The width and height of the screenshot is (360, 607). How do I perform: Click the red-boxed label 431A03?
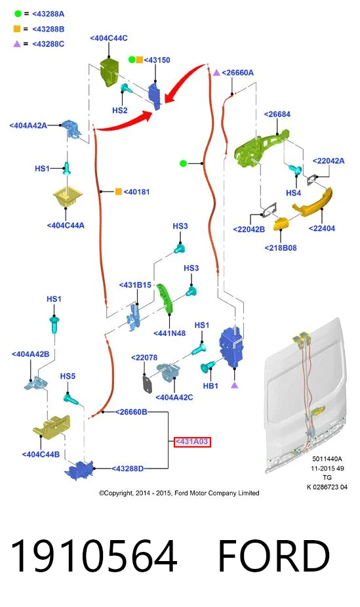[191, 442]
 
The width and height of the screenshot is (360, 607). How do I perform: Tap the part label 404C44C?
[109, 38]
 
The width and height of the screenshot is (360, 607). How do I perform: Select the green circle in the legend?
[18, 14]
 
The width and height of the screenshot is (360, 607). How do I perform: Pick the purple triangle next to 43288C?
[17, 44]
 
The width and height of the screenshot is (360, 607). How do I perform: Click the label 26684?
[277, 114]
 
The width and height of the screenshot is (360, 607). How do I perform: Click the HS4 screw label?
[294, 193]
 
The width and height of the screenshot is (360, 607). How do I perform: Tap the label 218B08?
[281, 248]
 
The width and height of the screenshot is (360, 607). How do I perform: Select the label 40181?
[136, 192]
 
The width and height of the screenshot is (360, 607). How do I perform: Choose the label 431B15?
[135, 285]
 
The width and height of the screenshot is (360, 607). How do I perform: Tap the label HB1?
[210, 386]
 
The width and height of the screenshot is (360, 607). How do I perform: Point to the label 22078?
[144, 358]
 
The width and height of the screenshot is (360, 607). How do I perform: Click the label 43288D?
[128, 469]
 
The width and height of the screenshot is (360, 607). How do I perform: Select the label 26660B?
[131, 412]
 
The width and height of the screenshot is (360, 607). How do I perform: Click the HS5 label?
[68, 376]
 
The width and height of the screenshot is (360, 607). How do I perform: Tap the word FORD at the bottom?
[274, 556]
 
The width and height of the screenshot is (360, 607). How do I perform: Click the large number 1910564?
[94, 556]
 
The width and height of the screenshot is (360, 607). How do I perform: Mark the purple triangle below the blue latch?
[234, 385]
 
